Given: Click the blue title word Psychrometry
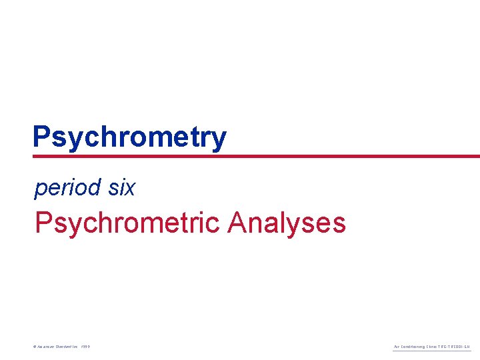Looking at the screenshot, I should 129,137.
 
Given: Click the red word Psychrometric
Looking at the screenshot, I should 127,223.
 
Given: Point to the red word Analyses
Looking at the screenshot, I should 286,223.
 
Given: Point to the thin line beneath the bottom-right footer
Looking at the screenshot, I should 431,351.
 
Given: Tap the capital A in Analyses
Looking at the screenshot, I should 237,223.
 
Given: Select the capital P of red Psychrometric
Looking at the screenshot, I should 43,223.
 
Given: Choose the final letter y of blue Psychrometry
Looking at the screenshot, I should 219,139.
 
